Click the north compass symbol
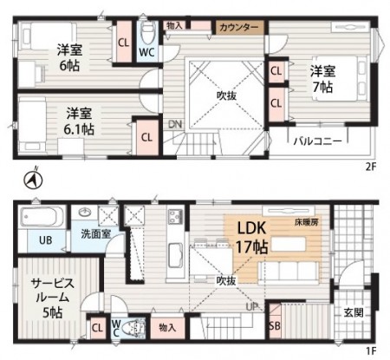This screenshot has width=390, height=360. (33, 180)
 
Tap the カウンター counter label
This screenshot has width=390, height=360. (238, 28)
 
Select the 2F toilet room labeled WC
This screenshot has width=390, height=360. (147, 41)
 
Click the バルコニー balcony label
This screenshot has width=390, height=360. (318, 141)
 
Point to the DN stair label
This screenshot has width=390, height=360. (175, 124)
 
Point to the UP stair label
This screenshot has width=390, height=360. (252, 306)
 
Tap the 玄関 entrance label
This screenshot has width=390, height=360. (354, 312)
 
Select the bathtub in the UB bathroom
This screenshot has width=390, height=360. (42, 217)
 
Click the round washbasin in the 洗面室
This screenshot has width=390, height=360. (85, 213)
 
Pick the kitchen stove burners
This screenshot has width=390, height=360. (176, 216)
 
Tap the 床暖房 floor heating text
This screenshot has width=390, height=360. (307, 222)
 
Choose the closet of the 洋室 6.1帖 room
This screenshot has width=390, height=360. (147, 137)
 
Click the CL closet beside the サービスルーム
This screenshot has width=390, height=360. (97, 328)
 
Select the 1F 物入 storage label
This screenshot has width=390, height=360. (167, 328)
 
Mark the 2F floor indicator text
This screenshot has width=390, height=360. (371, 167)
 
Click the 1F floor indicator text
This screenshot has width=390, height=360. (371, 351)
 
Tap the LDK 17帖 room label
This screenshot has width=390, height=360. (252, 238)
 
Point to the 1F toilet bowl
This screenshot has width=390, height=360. (133, 328)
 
